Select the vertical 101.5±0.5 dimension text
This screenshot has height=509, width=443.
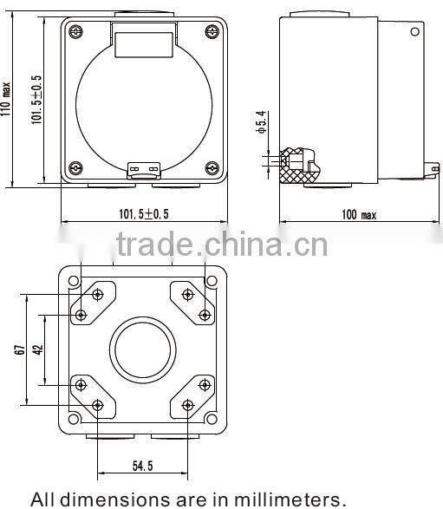pyautogui.click(x=37, y=100)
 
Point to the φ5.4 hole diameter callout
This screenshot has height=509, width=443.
pyautogui.click(x=260, y=128)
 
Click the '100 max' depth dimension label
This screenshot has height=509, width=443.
pyautogui.click(x=357, y=214)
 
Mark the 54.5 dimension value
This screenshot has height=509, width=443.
pyautogui.click(x=144, y=467)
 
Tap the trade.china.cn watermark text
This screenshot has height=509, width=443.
pyautogui.click(x=221, y=245)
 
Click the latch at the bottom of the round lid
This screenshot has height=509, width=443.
pyautogui.click(x=144, y=170)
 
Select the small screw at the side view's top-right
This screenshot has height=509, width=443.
pyautogui.click(x=414, y=32)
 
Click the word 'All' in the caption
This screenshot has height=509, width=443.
pyautogui.click(x=46, y=499)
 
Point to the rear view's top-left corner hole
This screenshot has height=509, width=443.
pyautogui.click(x=75, y=282)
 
